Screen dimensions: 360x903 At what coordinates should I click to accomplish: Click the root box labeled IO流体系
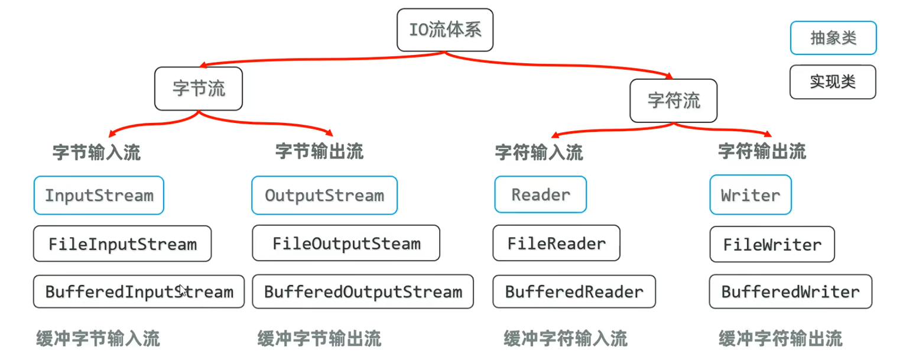[x=444, y=30]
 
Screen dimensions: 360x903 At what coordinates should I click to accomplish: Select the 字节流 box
[x=199, y=89]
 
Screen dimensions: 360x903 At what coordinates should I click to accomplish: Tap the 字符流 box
[x=674, y=100]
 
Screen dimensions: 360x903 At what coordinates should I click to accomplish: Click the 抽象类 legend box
[x=833, y=38]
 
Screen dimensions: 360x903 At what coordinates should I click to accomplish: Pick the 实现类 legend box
[x=833, y=82]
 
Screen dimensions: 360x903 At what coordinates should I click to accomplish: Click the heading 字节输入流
[x=97, y=153]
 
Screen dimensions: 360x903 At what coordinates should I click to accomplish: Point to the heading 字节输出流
[x=319, y=152]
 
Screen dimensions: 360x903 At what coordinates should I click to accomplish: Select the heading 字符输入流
[x=539, y=153]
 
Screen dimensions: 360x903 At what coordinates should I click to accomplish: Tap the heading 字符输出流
[x=762, y=151]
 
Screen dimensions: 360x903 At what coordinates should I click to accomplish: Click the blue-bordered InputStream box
[x=99, y=196]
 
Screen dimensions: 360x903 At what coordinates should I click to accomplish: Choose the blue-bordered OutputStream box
[x=324, y=195]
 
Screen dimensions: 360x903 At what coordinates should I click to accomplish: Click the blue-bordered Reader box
[x=541, y=194]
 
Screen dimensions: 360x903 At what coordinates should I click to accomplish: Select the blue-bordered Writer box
[x=750, y=195]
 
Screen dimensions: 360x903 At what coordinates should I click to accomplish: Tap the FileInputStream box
[x=122, y=244]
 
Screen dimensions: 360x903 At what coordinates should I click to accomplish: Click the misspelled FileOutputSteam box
[x=346, y=243]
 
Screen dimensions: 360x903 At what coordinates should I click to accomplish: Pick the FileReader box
[x=556, y=243]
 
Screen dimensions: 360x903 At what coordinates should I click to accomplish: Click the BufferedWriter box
[x=790, y=291]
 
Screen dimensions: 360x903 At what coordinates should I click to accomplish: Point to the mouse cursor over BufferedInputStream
[x=183, y=290]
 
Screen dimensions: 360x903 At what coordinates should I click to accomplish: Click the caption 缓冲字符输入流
[x=565, y=339]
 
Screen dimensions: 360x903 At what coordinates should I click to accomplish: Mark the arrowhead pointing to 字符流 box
[x=669, y=76]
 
